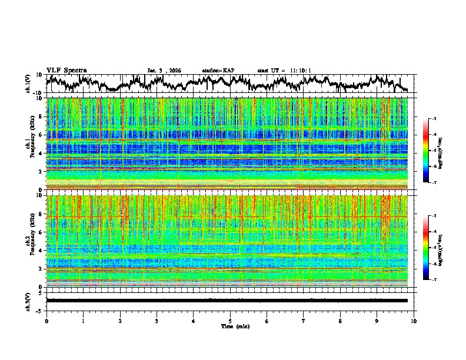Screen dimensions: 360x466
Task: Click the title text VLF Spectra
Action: (x=66, y=70)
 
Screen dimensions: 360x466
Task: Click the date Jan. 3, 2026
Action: (x=164, y=71)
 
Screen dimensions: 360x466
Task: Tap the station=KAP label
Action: (x=218, y=71)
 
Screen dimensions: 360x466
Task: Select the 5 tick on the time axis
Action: (x=230, y=321)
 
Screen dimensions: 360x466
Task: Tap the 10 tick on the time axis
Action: (x=414, y=321)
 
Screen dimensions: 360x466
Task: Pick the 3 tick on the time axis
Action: (x=157, y=321)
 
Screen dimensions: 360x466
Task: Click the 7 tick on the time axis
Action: (x=304, y=321)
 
